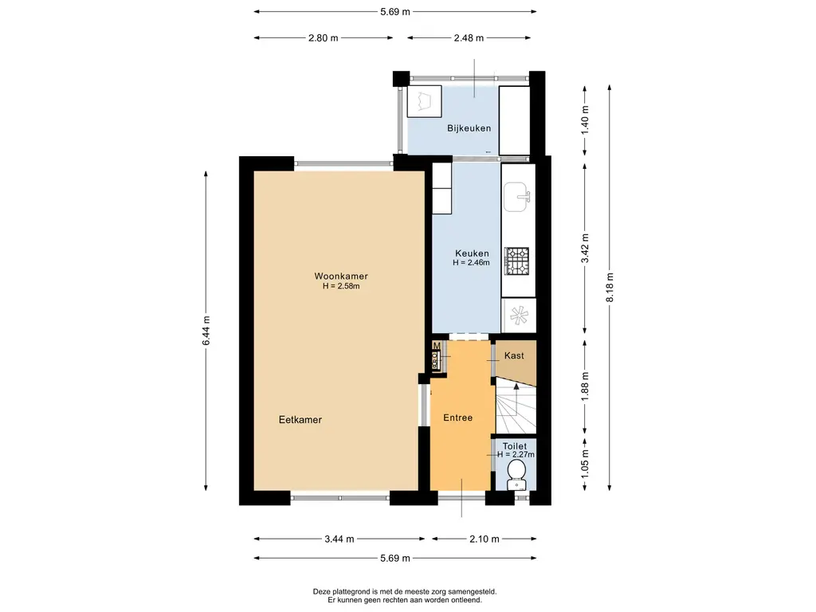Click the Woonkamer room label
point(341,277)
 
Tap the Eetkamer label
point(300,419)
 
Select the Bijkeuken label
point(469,128)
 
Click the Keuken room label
point(472,253)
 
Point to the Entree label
point(458,418)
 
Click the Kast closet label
point(514,355)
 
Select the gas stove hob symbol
point(516,261)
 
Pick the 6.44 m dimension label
point(206,331)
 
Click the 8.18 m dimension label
point(610,287)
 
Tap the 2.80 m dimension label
point(324,38)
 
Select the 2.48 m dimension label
point(469,38)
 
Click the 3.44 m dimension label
point(339,539)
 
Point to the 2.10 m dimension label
point(484,539)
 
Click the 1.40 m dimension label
point(585,120)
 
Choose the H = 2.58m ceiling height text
point(341,286)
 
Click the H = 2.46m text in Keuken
point(472,263)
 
